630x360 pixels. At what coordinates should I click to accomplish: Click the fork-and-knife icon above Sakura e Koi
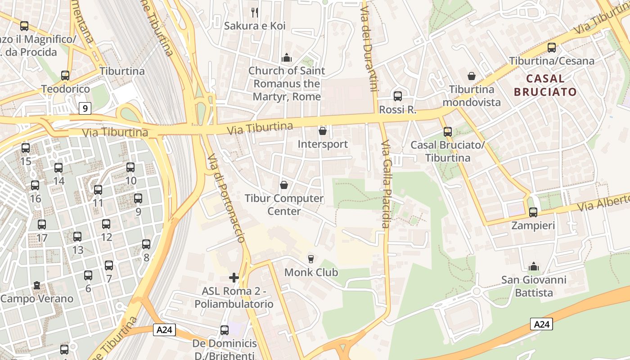pyautogui.click(x=255, y=12)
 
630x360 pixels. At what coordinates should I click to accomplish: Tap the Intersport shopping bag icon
pyautogui.click(x=323, y=131)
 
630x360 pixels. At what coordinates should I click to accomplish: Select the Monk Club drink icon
pyautogui.click(x=310, y=259)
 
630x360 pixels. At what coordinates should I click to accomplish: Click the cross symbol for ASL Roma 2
pyautogui.click(x=234, y=278)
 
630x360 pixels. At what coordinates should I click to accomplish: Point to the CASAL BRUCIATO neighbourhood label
pyautogui.click(x=545, y=85)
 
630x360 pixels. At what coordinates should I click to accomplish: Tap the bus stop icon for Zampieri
pyautogui.click(x=533, y=212)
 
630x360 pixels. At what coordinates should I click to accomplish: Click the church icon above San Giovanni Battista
pyautogui.click(x=534, y=266)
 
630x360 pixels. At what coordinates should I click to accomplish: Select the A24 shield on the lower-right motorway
pyautogui.click(x=541, y=324)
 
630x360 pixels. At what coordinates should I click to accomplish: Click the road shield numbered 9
pyautogui.click(x=85, y=108)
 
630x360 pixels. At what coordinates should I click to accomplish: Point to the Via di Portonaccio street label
pyautogui.click(x=226, y=198)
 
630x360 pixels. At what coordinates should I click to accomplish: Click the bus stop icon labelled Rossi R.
pyautogui.click(x=398, y=96)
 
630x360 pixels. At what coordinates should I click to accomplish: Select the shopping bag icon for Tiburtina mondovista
pyautogui.click(x=472, y=76)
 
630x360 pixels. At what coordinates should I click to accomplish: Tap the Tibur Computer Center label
pyautogui.click(x=284, y=204)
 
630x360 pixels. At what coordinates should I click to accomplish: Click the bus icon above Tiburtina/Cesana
pyautogui.click(x=552, y=47)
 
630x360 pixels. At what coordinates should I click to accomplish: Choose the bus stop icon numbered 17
pyautogui.click(x=42, y=224)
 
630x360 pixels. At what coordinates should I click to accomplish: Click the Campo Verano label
pyautogui.click(x=37, y=298)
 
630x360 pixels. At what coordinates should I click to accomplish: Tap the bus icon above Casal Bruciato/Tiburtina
pyautogui.click(x=448, y=131)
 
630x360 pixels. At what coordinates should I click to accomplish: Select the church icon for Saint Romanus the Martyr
pyautogui.click(x=287, y=58)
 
